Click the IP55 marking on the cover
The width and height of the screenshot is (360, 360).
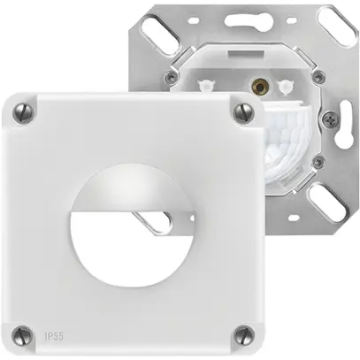(54, 336)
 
